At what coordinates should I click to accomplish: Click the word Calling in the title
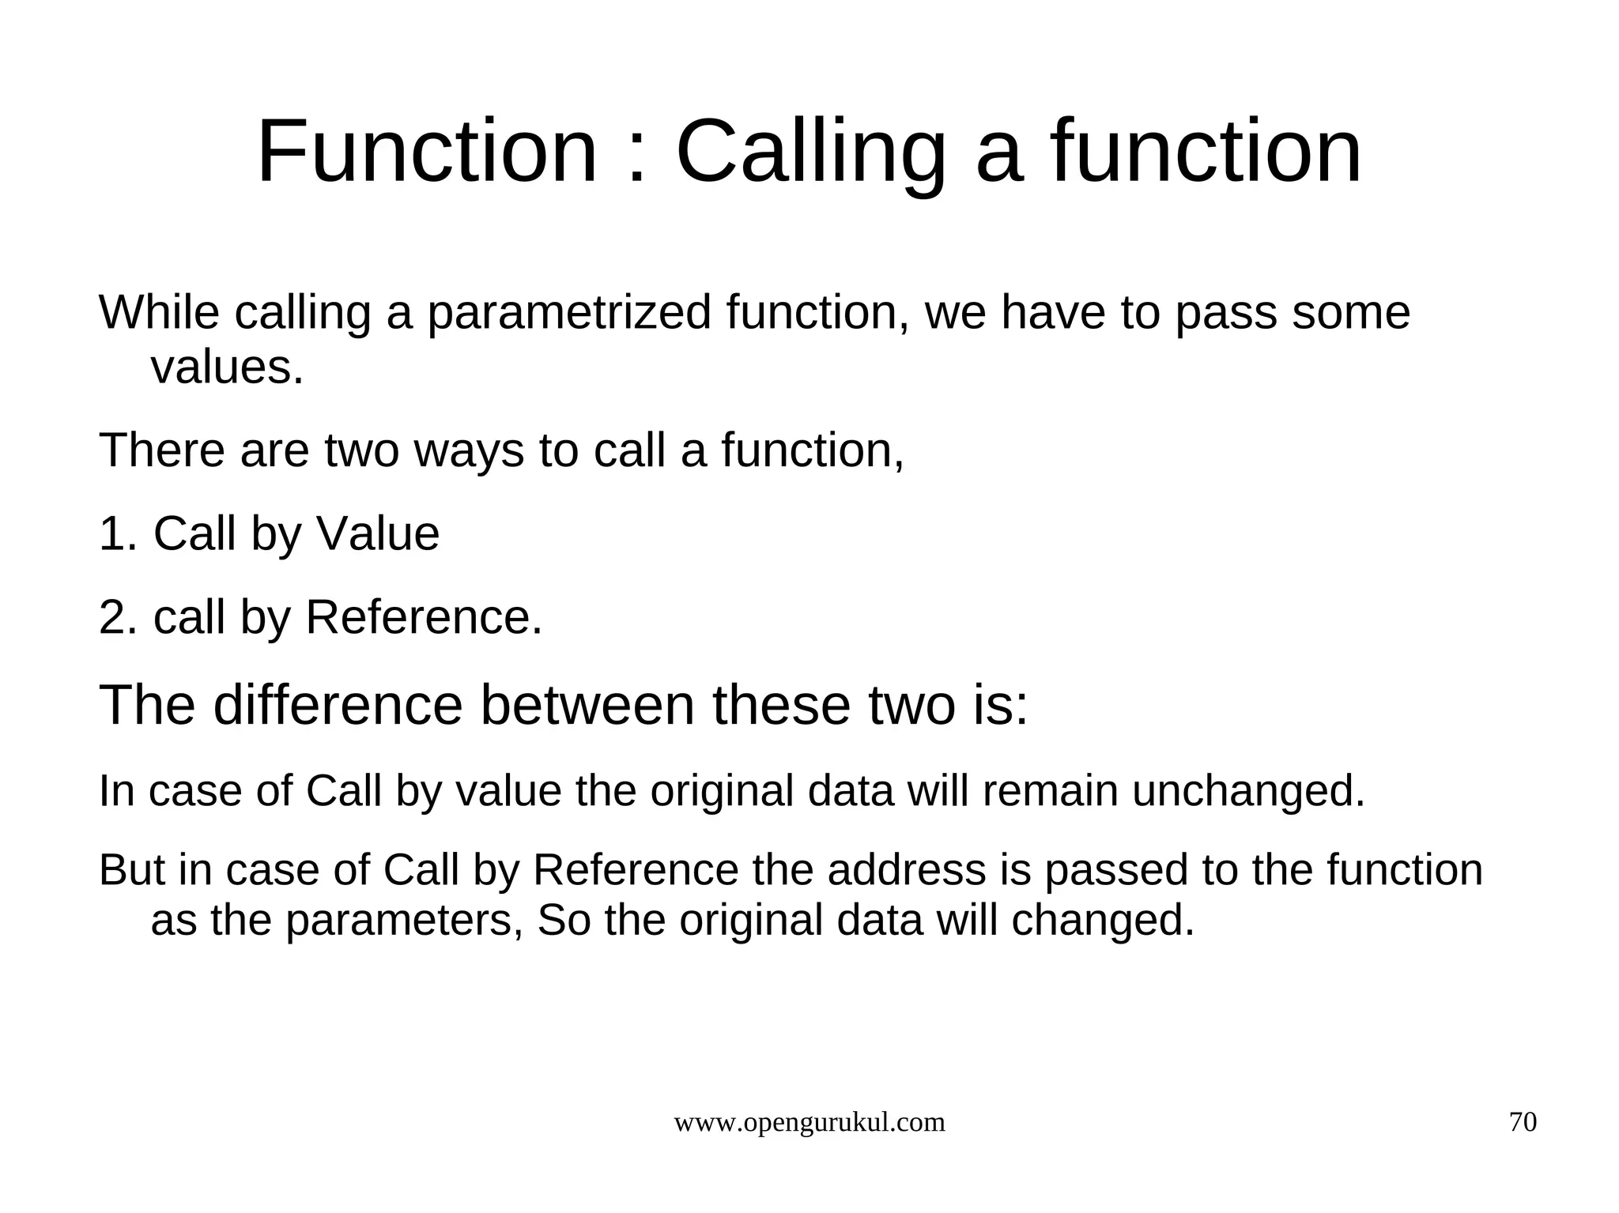pyautogui.click(x=810, y=152)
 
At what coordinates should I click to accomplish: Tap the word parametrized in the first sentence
pyautogui.click(x=569, y=313)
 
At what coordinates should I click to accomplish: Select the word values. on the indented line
pyautogui.click(x=227, y=367)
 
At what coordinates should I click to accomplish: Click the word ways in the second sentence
pyautogui.click(x=469, y=450)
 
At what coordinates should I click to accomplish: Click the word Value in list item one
pyautogui.click(x=378, y=533)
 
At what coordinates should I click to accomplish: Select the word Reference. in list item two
pyautogui.click(x=424, y=617)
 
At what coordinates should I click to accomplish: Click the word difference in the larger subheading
pyautogui.click(x=338, y=705)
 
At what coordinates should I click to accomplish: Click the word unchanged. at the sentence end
pyautogui.click(x=1248, y=791)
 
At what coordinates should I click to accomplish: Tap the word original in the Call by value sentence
pyautogui.click(x=721, y=791)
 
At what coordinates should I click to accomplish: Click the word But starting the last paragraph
pyautogui.click(x=131, y=870)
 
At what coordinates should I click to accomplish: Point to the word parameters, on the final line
pyautogui.click(x=404, y=921)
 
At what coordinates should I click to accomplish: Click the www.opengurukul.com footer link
pyautogui.click(x=809, y=1122)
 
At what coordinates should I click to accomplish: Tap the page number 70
pyautogui.click(x=1523, y=1122)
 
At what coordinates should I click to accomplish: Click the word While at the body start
pyautogui.click(x=159, y=313)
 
